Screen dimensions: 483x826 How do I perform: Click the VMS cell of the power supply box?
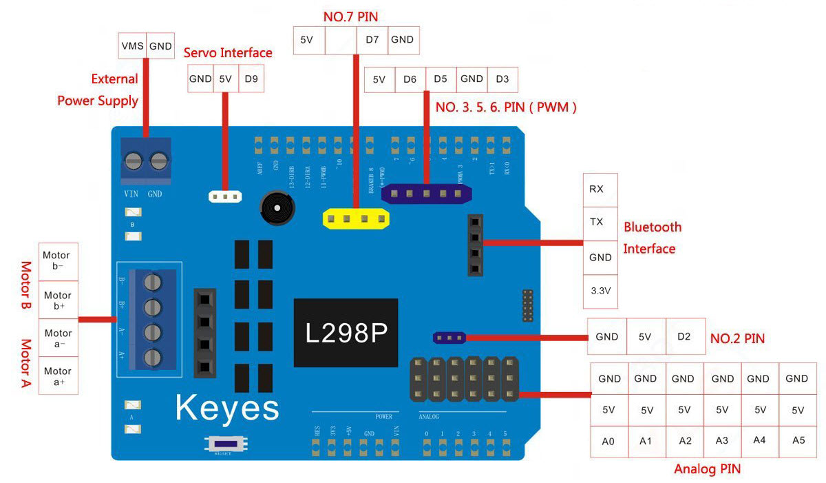[x=132, y=45]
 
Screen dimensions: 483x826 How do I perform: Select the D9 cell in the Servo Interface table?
[x=251, y=79]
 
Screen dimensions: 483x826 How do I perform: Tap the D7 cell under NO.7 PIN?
[x=372, y=40]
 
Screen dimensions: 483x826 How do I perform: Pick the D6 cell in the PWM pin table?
[x=410, y=79]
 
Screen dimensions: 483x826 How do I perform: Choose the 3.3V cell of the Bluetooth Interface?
[x=600, y=291]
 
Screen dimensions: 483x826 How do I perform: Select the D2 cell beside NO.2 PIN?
[x=684, y=337]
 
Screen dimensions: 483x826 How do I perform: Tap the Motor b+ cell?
[x=58, y=300]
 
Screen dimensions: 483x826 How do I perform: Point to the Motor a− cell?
[x=58, y=338]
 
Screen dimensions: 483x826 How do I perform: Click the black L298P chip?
[x=346, y=333]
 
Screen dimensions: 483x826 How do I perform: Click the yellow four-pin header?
[x=356, y=220]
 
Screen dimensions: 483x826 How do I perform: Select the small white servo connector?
[x=225, y=197]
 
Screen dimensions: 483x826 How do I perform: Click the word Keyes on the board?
[x=227, y=407]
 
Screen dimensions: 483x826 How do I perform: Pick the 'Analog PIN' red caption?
[x=707, y=470]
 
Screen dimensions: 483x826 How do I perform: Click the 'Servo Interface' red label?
[x=228, y=53]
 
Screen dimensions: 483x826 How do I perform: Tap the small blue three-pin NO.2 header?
[x=449, y=338]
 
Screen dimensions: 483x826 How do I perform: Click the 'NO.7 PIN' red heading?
[x=350, y=16]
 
